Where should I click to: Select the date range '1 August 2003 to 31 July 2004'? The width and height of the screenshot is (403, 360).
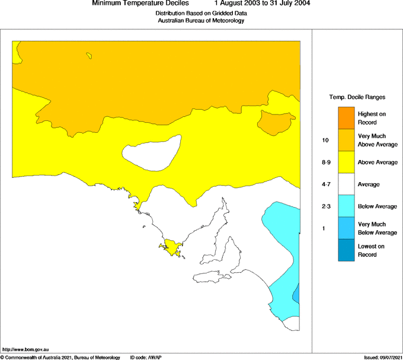(x=262, y=4)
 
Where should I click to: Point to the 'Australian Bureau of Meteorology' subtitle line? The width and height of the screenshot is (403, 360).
(x=201, y=21)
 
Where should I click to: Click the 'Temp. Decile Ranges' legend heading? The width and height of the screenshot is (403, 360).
(x=357, y=97)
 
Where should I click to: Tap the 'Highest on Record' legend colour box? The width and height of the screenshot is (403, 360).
(x=346, y=117)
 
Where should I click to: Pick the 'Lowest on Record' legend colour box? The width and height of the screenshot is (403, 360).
(x=346, y=250)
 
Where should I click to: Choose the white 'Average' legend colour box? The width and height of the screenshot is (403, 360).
(x=346, y=184)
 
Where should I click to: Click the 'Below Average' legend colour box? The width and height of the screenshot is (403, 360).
(x=346, y=206)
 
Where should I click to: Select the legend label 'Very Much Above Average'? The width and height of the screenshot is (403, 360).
(x=377, y=140)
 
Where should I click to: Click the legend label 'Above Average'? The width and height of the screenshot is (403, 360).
(x=377, y=163)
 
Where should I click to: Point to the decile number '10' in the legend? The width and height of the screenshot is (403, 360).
(x=325, y=141)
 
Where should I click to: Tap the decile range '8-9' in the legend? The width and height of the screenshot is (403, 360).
(x=325, y=163)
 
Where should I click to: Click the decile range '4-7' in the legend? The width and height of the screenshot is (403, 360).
(x=325, y=184)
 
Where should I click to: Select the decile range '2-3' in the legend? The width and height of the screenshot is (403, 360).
(x=325, y=206)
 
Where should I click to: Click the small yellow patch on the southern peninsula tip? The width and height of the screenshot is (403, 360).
(x=171, y=248)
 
